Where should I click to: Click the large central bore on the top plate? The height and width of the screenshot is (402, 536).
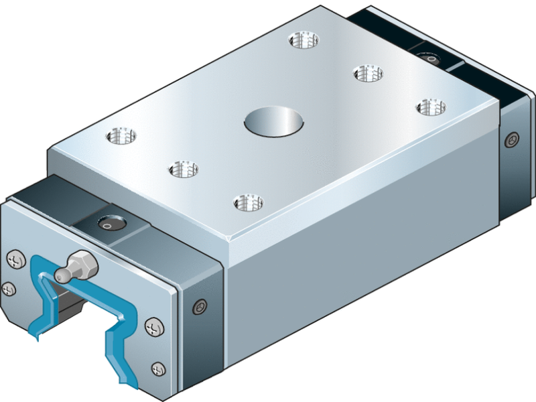click(273, 123)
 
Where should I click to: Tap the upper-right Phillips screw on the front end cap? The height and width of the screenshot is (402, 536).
click(153, 328)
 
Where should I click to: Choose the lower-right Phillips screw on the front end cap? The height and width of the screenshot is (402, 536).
click(159, 368)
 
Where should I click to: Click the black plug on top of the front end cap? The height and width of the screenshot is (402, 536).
click(107, 224)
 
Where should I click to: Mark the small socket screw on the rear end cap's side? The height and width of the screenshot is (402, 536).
click(513, 140)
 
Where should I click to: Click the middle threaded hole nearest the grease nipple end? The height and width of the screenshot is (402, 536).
click(183, 169)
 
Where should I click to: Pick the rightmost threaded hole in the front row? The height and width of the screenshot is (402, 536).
click(247, 201)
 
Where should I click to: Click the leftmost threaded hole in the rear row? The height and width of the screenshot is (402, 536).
click(304, 40)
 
